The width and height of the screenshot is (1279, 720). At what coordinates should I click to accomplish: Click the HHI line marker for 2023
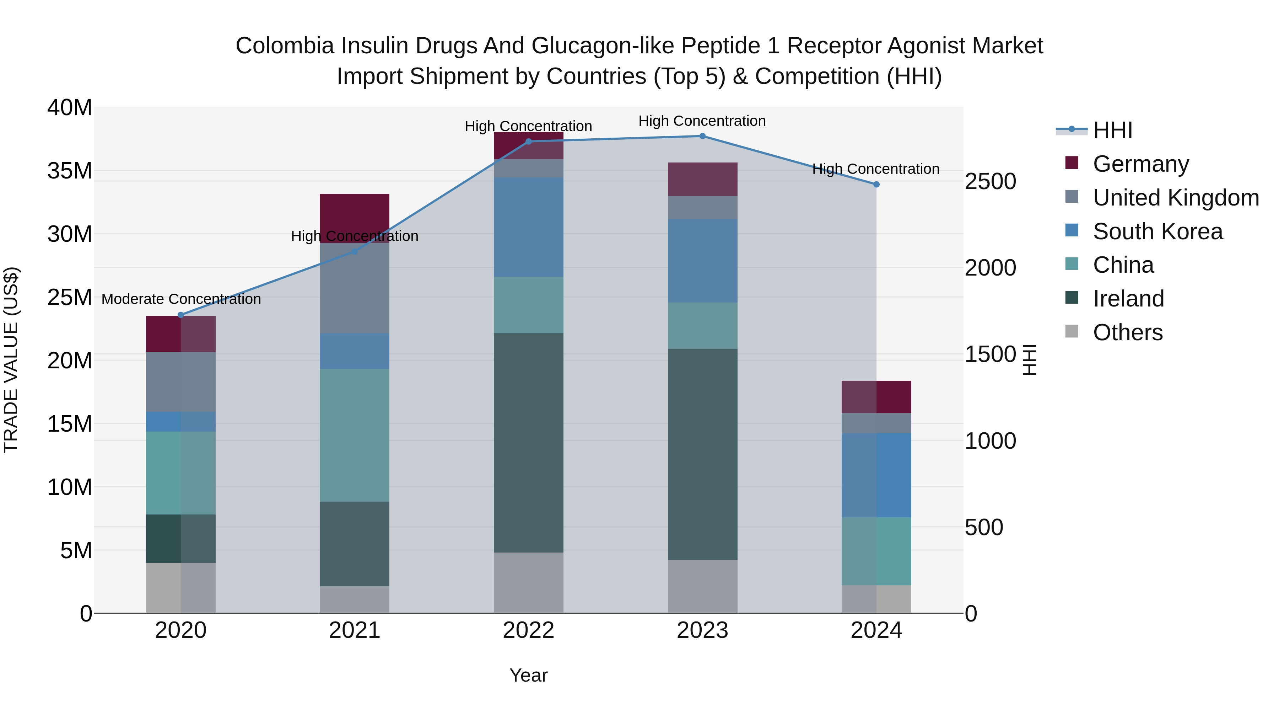pos(702,136)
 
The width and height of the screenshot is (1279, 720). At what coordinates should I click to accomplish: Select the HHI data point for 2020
pos(181,315)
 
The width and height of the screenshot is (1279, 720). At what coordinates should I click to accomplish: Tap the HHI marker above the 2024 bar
pos(876,184)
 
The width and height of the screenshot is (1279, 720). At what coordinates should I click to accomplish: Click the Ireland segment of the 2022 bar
pos(528,442)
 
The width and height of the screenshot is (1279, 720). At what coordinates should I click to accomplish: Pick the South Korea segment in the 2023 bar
pos(702,261)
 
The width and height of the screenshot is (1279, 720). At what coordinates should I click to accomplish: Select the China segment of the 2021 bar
pos(355,435)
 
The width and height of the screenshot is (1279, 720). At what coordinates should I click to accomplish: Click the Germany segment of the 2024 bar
pos(876,397)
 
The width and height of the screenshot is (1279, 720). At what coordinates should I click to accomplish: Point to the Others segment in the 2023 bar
pos(702,586)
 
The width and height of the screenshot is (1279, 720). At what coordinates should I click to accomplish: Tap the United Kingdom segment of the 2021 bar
pos(355,288)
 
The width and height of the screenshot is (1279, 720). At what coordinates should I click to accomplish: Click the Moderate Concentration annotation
pos(181,299)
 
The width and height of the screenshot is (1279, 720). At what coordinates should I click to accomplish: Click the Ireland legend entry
pos(1128,299)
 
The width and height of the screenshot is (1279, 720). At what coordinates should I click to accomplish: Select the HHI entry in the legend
pos(1112,130)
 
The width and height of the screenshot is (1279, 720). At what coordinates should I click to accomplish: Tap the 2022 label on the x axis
pos(528,630)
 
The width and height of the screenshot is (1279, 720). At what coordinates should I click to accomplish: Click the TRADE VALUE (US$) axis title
pos(11,360)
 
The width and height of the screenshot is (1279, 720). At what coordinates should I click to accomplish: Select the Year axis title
pos(528,675)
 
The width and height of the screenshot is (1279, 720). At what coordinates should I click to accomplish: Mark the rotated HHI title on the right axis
pos(1030,360)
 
